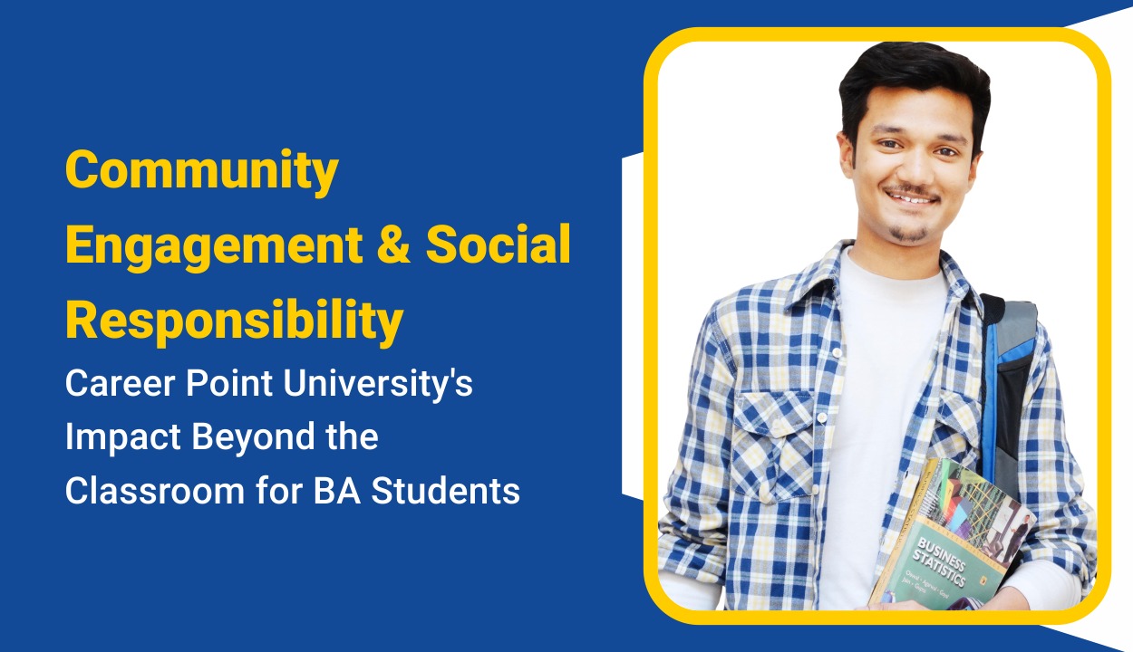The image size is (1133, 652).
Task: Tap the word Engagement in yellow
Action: [x=230, y=245]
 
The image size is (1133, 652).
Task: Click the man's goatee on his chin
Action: [x=909, y=234]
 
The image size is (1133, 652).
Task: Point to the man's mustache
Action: [x=910, y=191]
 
